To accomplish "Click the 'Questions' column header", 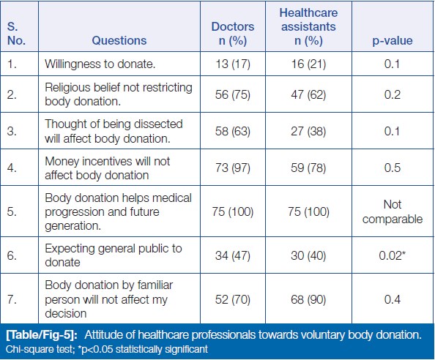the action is [119, 40].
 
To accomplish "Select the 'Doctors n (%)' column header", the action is [232, 34].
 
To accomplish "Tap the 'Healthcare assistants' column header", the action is [308, 26].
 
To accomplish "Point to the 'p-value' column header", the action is [393, 41].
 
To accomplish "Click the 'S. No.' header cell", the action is [16, 34].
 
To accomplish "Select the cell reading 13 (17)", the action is [233, 64].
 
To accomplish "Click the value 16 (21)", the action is [308, 64].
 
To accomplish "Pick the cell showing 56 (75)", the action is [233, 94].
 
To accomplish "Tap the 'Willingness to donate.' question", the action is [100, 64].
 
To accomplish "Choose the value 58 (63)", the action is [233, 131].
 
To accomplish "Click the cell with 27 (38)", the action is [308, 131].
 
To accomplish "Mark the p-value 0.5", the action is [393, 168].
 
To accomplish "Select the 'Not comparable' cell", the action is [393, 211].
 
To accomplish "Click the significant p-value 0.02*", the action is [393, 255].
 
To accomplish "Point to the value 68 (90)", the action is [308, 299].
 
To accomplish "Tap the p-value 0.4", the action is [393, 299].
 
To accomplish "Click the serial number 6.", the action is [12, 255].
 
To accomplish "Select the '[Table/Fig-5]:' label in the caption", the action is [42, 335].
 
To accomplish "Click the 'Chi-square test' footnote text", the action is [39, 349].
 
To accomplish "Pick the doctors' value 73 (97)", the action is [233, 168].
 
